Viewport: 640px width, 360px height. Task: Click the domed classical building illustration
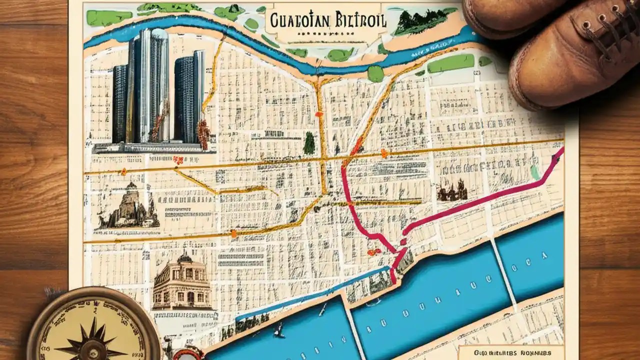tap(182, 282)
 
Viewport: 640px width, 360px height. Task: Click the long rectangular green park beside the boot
tap(450, 63)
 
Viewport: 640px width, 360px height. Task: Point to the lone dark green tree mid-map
tap(309, 143)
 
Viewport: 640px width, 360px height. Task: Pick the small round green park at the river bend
tap(375, 73)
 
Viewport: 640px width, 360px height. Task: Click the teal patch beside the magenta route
tap(535, 172)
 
